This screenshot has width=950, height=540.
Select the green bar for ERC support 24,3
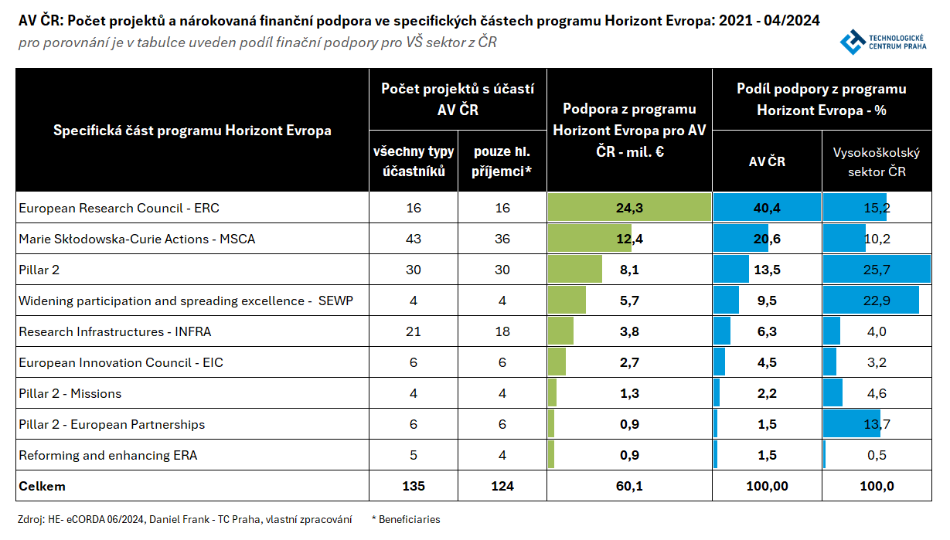click(x=629, y=208)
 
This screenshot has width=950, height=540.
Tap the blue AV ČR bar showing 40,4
click(x=766, y=208)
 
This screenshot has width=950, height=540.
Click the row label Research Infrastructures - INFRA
click(x=115, y=331)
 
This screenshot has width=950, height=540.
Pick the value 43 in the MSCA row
click(x=414, y=239)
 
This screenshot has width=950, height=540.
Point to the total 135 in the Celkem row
click(x=414, y=486)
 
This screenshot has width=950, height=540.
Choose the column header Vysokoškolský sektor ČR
click(x=877, y=161)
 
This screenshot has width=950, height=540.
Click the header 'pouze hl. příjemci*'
click(x=502, y=161)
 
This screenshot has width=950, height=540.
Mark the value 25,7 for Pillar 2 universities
click(x=877, y=270)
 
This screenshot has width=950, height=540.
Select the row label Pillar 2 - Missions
click(x=70, y=393)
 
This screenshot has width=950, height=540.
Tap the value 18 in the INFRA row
click(x=502, y=331)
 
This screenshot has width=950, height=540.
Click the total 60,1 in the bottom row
click(x=628, y=486)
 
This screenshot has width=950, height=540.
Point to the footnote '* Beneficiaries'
click(x=406, y=519)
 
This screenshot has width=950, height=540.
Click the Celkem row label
click(x=43, y=486)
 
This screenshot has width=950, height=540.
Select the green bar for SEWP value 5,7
click(x=567, y=301)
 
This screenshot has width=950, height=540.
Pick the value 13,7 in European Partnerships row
click(x=877, y=424)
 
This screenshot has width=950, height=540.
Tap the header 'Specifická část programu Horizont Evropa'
click(x=192, y=131)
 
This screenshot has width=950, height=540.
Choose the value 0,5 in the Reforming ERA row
click(x=877, y=455)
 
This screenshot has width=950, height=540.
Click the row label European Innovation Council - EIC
click(x=121, y=362)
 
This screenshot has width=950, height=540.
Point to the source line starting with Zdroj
click(x=185, y=519)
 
